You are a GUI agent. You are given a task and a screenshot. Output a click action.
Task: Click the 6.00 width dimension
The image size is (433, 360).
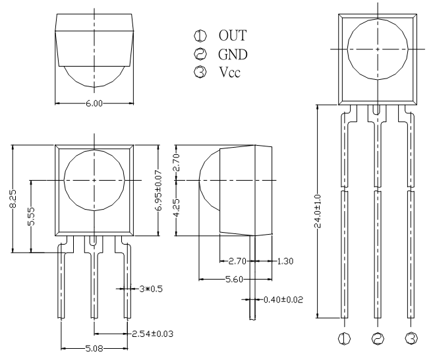94,104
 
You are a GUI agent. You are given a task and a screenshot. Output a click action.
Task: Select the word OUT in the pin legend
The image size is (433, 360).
233,36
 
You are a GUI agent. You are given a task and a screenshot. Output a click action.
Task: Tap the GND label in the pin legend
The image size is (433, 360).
233,55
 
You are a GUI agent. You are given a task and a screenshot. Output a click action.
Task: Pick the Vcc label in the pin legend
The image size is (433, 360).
230,72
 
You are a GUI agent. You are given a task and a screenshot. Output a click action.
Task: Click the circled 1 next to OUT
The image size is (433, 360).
200,36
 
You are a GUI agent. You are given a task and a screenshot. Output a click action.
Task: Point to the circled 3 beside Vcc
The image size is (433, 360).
200,72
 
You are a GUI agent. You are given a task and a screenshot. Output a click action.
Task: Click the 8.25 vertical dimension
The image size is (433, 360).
13,198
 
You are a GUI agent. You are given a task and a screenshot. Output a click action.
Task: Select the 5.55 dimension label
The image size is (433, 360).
32,216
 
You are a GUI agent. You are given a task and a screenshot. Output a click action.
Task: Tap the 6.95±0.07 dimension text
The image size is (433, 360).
159,191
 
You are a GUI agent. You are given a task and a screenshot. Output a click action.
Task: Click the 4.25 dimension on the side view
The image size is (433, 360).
177,208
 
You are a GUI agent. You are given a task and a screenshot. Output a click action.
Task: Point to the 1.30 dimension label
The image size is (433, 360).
285,261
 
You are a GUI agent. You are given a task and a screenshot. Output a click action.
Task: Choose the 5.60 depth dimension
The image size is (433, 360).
234,280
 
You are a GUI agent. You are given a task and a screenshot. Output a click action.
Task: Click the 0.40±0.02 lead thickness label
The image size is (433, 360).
283,299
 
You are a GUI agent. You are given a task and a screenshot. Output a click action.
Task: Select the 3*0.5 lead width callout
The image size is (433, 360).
151,289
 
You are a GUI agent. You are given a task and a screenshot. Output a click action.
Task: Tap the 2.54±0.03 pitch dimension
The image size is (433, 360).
152,334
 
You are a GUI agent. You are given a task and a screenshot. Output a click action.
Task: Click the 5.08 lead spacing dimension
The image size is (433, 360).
94,349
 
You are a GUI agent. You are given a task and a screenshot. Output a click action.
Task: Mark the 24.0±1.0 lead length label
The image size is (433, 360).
318,212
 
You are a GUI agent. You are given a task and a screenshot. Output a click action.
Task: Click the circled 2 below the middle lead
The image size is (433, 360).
378,338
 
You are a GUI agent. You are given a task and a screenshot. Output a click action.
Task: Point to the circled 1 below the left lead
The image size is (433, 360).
344,338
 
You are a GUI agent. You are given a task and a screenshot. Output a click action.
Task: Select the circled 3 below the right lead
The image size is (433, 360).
411,338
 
